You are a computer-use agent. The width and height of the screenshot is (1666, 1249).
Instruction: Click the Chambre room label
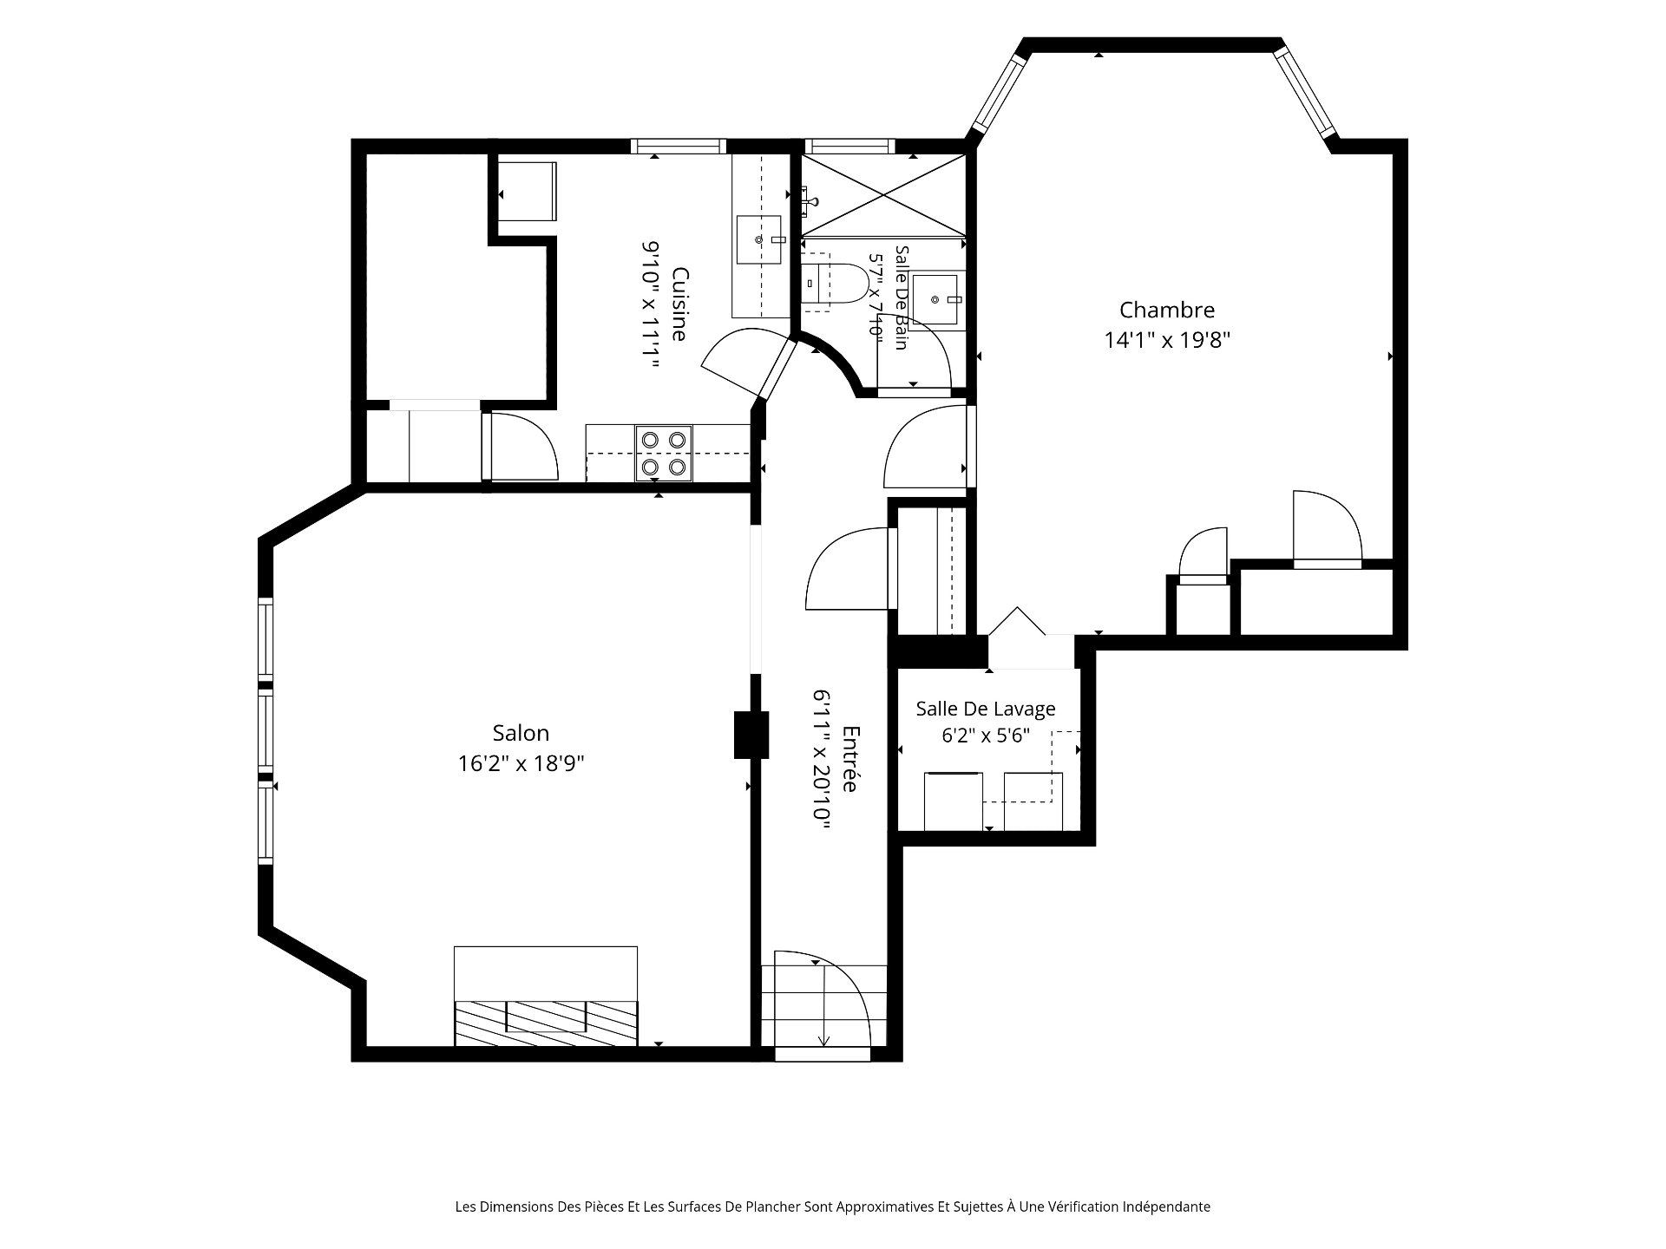[x=1167, y=310]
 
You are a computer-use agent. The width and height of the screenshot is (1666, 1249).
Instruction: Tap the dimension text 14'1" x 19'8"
[x=1167, y=340]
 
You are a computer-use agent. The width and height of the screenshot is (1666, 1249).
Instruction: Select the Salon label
[x=521, y=733]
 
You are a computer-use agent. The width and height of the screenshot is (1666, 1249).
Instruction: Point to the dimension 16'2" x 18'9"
[x=521, y=763]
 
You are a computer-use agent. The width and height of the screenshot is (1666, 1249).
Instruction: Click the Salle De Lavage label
[x=986, y=709]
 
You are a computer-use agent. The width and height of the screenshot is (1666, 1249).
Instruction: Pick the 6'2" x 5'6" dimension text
[x=986, y=736]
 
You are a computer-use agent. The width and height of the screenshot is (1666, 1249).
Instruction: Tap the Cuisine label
[x=680, y=304]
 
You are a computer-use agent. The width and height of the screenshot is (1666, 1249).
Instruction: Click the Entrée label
[x=850, y=758]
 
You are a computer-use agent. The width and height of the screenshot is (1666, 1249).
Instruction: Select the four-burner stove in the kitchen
[x=664, y=453]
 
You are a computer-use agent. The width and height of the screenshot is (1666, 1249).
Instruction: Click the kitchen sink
[x=761, y=239]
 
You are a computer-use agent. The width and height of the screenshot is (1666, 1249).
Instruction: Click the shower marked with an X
[x=883, y=194]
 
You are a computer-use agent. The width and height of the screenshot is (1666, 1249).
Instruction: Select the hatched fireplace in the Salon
[x=546, y=1023]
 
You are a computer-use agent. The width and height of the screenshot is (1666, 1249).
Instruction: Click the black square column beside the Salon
[x=751, y=735]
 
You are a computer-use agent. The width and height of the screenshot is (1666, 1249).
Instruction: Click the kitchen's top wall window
[x=678, y=146]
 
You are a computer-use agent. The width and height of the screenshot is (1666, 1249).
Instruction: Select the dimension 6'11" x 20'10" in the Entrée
[x=821, y=761]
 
